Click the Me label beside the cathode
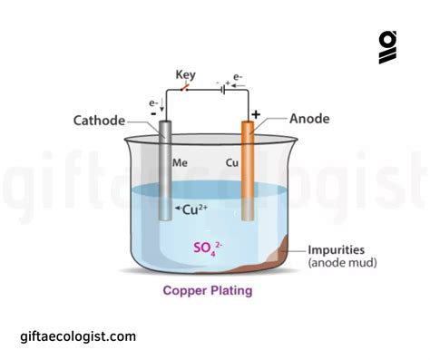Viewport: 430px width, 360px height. [181, 163]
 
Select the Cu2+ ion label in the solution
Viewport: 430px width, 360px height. [187, 210]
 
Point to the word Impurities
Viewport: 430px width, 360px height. [338, 250]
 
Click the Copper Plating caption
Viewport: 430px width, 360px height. [208, 291]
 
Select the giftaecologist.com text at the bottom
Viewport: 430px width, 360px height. [78, 336]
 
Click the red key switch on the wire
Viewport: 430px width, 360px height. [185, 87]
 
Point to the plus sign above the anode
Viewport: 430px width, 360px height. [256, 115]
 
